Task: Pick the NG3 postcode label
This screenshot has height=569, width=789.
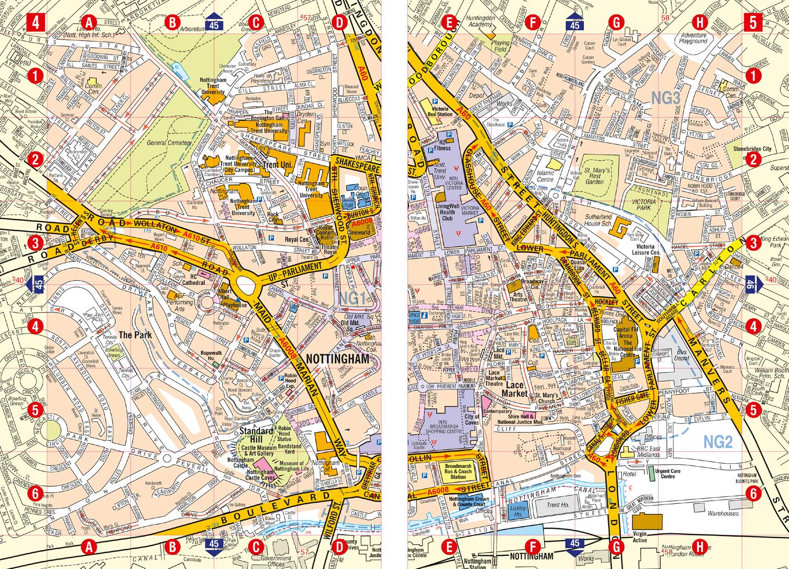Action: pyautogui.click(x=665, y=96)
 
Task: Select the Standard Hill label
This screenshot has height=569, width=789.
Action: pyautogui.click(x=255, y=431)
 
